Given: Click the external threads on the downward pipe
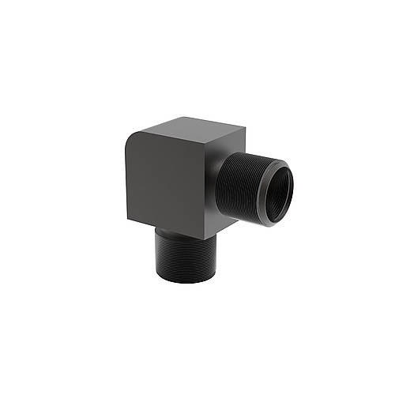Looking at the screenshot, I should click(186, 257).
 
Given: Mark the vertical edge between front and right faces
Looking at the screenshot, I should click(212, 190).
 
